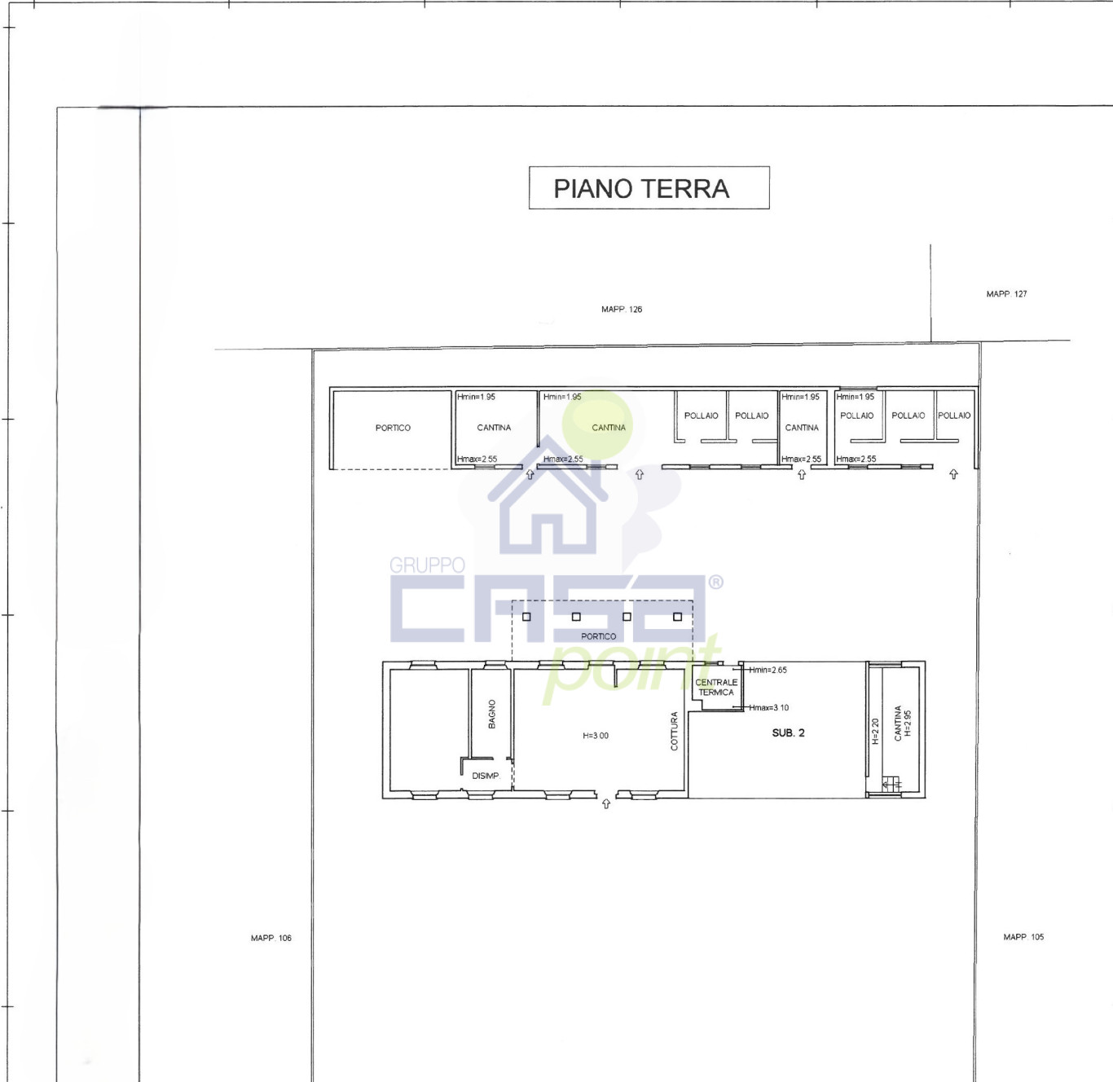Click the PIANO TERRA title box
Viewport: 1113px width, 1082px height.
[x=649, y=187]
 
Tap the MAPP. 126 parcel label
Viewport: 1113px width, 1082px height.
[x=621, y=310]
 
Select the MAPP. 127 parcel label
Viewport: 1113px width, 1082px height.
[x=1006, y=294]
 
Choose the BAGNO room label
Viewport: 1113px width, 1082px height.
[x=492, y=714]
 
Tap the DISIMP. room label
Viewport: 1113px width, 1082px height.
[x=486, y=776]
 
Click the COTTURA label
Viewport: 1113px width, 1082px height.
[x=674, y=731]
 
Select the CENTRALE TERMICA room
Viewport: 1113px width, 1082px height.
[x=716, y=688]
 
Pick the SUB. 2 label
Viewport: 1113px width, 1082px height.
[x=788, y=732]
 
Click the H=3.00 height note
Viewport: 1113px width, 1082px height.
[x=596, y=736]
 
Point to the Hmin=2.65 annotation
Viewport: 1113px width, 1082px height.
[x=768, y=670]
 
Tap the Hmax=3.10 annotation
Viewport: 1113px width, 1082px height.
[x=768, y=707]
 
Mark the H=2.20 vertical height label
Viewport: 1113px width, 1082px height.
[x=874, y=732]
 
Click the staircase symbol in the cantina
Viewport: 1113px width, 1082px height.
[x=891, y=784]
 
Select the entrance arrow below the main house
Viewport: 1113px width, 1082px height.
[x=606, y=803]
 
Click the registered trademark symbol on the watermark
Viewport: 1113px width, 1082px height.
[x=715, y=583]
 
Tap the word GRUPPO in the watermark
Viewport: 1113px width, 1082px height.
[x=427, y=565]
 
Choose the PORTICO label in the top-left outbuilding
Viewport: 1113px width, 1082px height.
[x=393, y=428]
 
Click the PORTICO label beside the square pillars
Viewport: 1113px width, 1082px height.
[x=598, y=636]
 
